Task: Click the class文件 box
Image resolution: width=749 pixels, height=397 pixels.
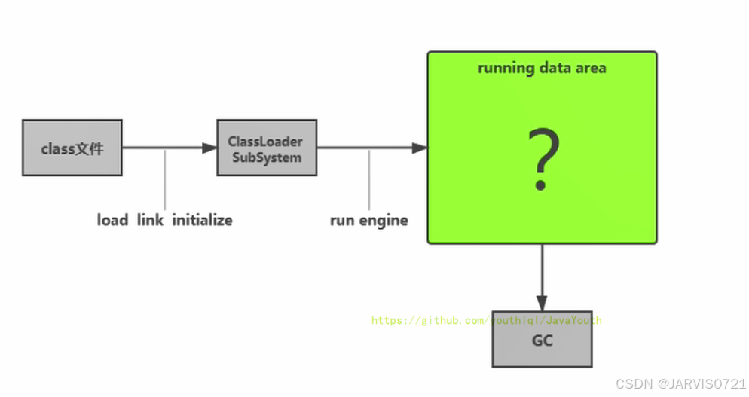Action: (72, 148)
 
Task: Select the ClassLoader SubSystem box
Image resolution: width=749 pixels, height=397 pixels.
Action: (267, 148)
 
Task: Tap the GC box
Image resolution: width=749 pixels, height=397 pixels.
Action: (542, 340)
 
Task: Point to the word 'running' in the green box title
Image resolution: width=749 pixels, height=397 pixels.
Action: (506, 68)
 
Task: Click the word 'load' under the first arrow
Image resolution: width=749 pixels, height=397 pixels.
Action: (112, 220)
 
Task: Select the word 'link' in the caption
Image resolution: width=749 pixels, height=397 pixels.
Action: (150, 220)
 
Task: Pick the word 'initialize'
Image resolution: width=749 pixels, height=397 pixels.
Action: (202, 220)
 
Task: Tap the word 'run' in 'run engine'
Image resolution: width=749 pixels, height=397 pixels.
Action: (341, 220)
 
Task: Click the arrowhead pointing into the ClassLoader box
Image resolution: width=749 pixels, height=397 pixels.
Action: (209, 148)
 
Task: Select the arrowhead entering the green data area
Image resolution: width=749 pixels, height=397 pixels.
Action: (420, 148)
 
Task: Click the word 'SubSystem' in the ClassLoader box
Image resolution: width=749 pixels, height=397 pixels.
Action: (267, 157)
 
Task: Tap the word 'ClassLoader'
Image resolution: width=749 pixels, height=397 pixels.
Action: (265, 141)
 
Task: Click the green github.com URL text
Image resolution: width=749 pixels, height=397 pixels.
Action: (486, 320)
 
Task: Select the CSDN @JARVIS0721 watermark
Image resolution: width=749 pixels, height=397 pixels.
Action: (680, 383)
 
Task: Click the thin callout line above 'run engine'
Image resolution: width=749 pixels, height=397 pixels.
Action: (369, 179)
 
